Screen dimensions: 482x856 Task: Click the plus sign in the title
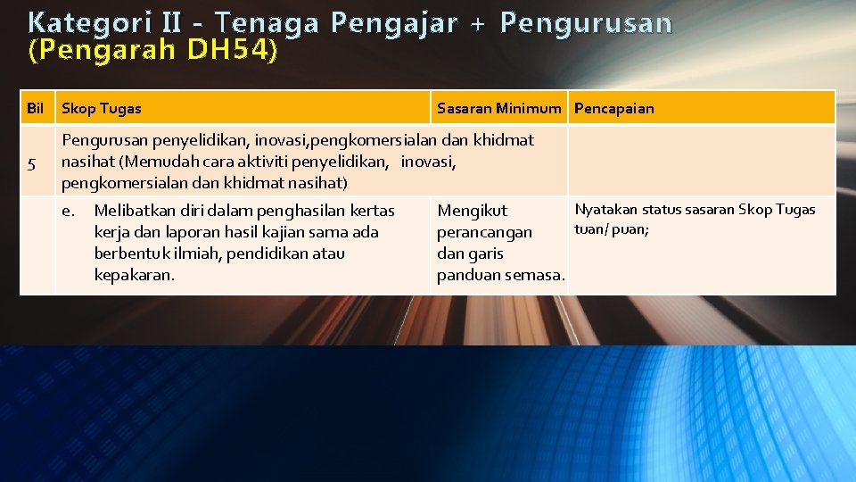(x=481, y=23)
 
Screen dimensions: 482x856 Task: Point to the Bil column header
(x=36, y=109)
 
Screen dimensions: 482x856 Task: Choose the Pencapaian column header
(x=613, y=109)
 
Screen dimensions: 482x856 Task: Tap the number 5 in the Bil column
(x=32, y=163)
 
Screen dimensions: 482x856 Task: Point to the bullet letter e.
(x=67, y=211)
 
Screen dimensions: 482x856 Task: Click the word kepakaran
(x=134, y=275)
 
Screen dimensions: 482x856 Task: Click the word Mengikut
(x=472, y=211)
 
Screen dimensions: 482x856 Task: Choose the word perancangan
(x=484, y=232)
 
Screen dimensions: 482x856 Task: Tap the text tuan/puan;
(x=612, y=229)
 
